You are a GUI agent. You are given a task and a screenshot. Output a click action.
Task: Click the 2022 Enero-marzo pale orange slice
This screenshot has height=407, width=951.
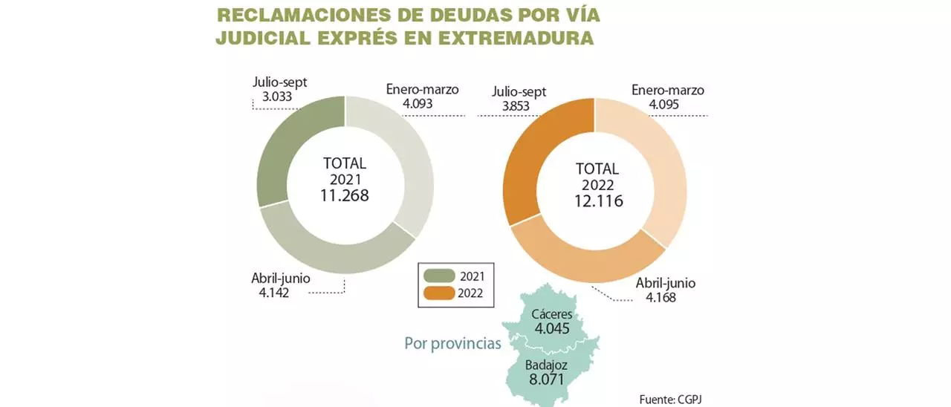click(654, 163)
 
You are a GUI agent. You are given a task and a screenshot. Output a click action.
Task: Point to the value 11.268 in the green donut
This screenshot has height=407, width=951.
click(345, 195)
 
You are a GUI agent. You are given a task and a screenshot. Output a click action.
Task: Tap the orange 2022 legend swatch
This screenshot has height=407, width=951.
click(438, 293)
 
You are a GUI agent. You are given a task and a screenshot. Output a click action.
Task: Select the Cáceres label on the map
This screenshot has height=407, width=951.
click(551, 314)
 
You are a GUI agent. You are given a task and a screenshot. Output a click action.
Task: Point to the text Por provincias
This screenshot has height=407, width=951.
click(452, 344)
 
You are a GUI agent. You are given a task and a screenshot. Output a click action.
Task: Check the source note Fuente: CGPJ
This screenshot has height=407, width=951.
click(669, 399)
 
